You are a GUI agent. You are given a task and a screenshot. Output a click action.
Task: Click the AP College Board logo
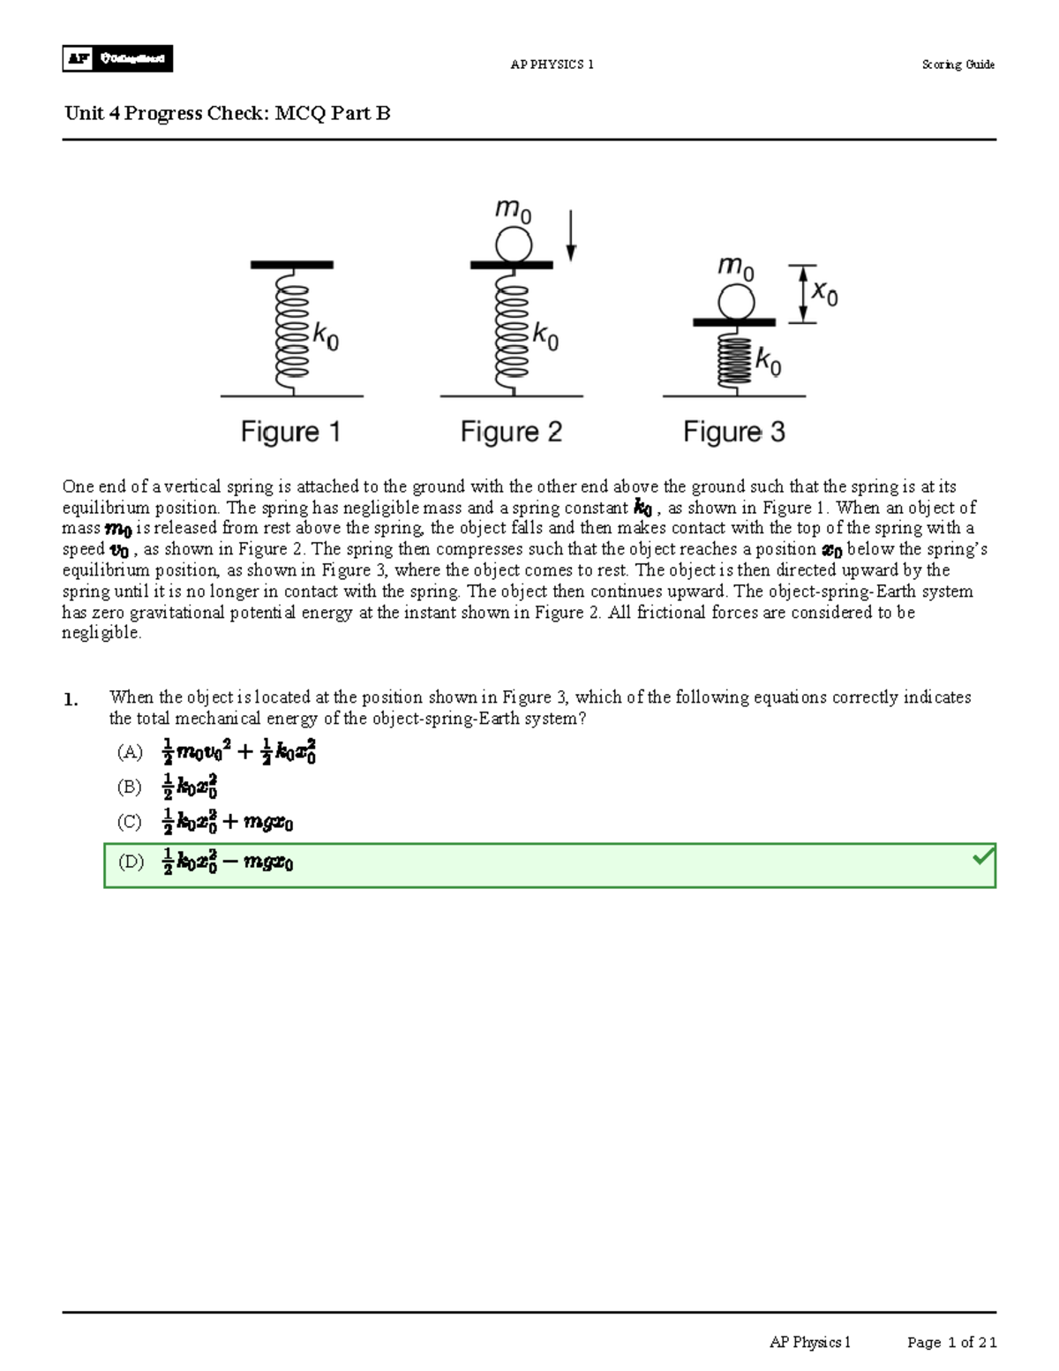[117, 58]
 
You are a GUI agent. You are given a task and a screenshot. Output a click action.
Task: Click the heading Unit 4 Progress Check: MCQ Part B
[227, 113]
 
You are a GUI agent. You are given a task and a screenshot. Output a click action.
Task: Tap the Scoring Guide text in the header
[958, 64]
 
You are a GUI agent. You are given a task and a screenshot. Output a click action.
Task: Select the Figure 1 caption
[290, 432]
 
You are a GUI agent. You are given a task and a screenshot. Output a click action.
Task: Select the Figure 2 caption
[511, 432]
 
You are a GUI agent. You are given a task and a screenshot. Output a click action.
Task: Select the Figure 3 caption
[733, 432]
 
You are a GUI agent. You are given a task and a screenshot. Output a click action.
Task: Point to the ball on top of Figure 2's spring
[513, 244]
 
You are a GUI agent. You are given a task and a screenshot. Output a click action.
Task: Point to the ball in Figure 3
[735, 303]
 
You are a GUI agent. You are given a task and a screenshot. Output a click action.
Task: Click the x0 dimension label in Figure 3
[824, 292]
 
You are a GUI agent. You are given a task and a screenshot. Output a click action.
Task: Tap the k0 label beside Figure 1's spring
[326, 336]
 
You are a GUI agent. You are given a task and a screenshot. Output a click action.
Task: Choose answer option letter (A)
[130, 752]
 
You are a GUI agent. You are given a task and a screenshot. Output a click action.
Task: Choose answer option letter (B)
[130, 787]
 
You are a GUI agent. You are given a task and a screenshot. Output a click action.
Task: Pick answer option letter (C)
[130, 822]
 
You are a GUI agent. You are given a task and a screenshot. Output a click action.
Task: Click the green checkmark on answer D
[982, 856]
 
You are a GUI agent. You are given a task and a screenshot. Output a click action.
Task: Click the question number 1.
[71, 700]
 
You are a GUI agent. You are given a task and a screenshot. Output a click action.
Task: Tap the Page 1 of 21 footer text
[951, 1343]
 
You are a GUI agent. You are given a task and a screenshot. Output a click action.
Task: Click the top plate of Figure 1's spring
[291, 265]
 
